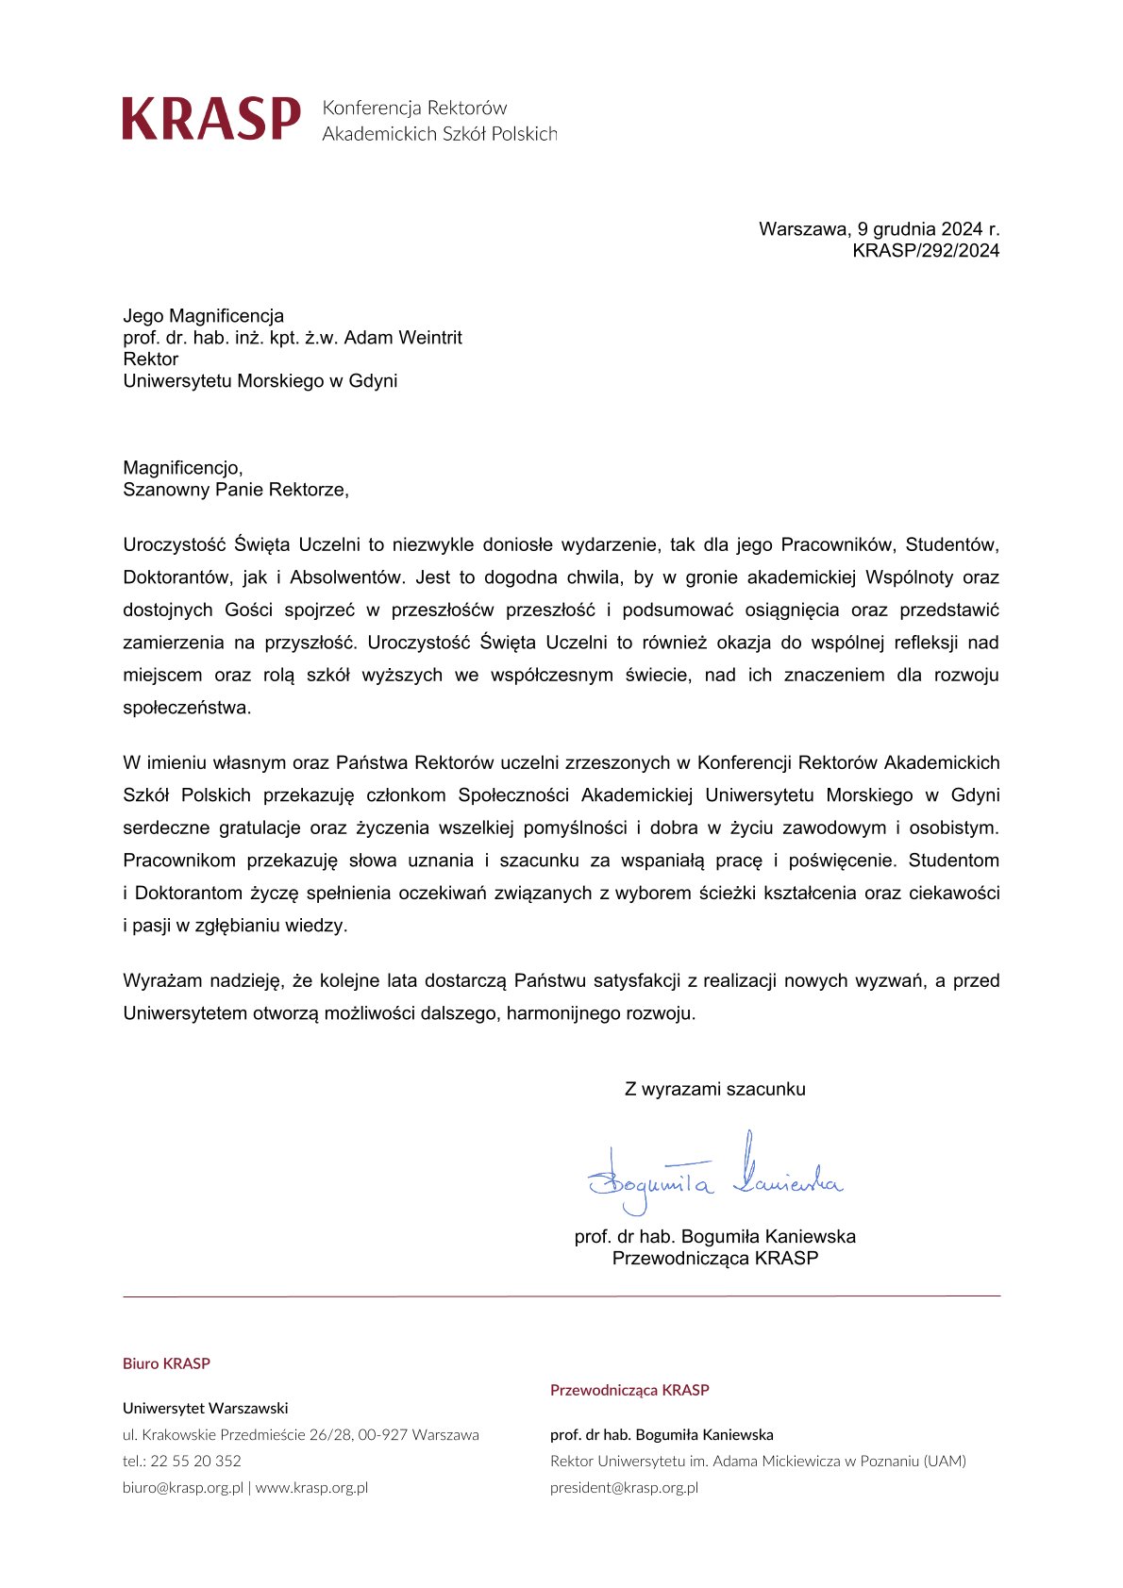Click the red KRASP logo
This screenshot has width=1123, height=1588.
coord(211,119)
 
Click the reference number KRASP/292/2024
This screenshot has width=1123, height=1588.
coord(925,251)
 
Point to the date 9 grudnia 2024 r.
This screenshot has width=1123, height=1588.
coord(928,229)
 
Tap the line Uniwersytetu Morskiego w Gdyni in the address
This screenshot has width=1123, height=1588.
coord(260,381)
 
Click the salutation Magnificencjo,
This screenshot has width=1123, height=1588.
coord(183,468)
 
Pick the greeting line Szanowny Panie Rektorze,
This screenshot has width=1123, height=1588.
coord(236,490)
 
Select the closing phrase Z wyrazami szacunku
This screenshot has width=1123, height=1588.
coord(714,1090)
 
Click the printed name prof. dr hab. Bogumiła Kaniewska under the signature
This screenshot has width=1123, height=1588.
coord(714,1237)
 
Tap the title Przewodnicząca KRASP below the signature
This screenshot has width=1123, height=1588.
coord(714,1259)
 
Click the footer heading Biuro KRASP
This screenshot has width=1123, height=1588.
coord(166,1363)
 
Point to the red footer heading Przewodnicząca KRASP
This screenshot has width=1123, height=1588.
coord(629,1390)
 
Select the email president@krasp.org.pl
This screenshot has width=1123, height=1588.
coord(624,1488)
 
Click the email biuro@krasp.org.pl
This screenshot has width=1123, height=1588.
coord(183,1488)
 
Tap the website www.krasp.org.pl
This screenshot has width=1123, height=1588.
coord(311,1488)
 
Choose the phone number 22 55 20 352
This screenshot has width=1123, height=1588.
coord(195,1462)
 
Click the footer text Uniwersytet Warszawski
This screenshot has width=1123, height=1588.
coord(205,1409)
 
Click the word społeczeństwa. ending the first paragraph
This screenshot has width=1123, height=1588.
coord(187,708)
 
